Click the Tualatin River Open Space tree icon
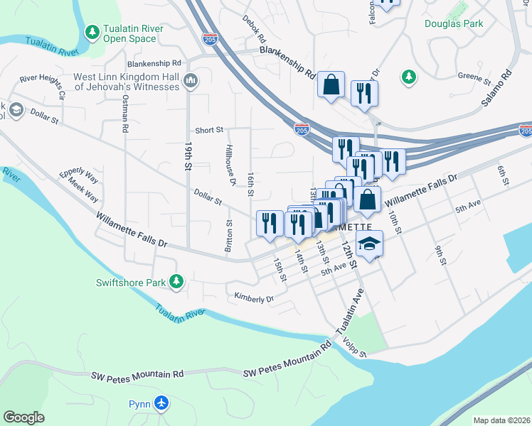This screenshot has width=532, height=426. point(92,33)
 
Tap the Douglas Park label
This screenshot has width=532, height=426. point(454,23)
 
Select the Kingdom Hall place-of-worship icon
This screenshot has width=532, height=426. point(190,82)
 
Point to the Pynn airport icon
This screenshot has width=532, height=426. point(161,404)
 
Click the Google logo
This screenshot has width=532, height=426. point(23,417)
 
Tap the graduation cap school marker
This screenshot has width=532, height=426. point(368,244)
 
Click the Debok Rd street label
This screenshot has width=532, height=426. point(254,28)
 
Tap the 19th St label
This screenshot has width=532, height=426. point(188,155)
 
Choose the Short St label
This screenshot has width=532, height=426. point(209,130)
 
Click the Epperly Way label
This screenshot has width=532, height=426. point(78,172)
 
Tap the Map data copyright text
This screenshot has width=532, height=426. point(501,420)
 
